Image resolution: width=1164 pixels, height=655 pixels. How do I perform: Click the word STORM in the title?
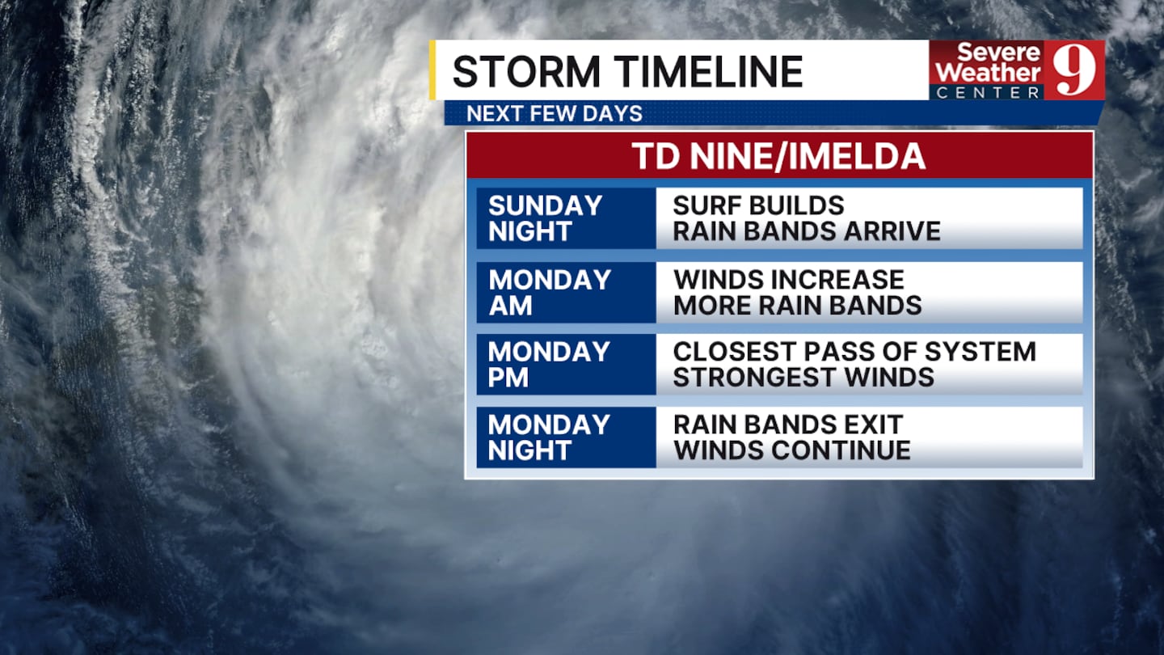[x=526, y=71]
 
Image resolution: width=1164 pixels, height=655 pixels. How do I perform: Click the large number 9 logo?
[x=1074, y=70]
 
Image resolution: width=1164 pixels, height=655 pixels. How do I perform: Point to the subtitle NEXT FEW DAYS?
[x=555, y=113]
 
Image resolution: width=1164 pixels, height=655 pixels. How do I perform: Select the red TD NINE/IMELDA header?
[x=779, y=155]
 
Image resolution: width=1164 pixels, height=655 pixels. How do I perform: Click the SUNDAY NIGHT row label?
[x=545, y=218]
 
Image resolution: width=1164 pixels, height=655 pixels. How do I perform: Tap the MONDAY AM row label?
[x=550, y=293]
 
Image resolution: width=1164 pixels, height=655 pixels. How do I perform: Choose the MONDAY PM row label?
[x=549, y=365]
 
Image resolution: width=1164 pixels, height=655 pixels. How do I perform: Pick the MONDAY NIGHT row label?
[x=549, y=437]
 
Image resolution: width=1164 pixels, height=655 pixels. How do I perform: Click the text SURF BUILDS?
[x=759, y=205]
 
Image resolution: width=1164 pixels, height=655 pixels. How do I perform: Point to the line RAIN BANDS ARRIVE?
[x=807, y=231]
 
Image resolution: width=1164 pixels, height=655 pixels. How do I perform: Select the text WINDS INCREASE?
[x=789, y=280]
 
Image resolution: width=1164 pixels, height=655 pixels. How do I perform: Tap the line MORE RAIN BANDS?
[x=798, y=306]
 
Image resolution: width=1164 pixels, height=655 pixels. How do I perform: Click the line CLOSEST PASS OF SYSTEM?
[x=855, y=352]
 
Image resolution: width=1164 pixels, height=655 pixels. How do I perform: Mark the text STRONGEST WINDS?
[x=803, y=378]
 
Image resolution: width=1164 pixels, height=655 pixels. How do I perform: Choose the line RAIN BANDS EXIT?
[x=788, y=425]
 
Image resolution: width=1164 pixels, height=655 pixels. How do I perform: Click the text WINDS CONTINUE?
[x=792, y=450]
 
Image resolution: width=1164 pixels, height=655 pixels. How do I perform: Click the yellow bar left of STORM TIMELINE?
[x=432, y=70]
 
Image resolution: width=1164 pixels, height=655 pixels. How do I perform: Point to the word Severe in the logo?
[x=999, y=52]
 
